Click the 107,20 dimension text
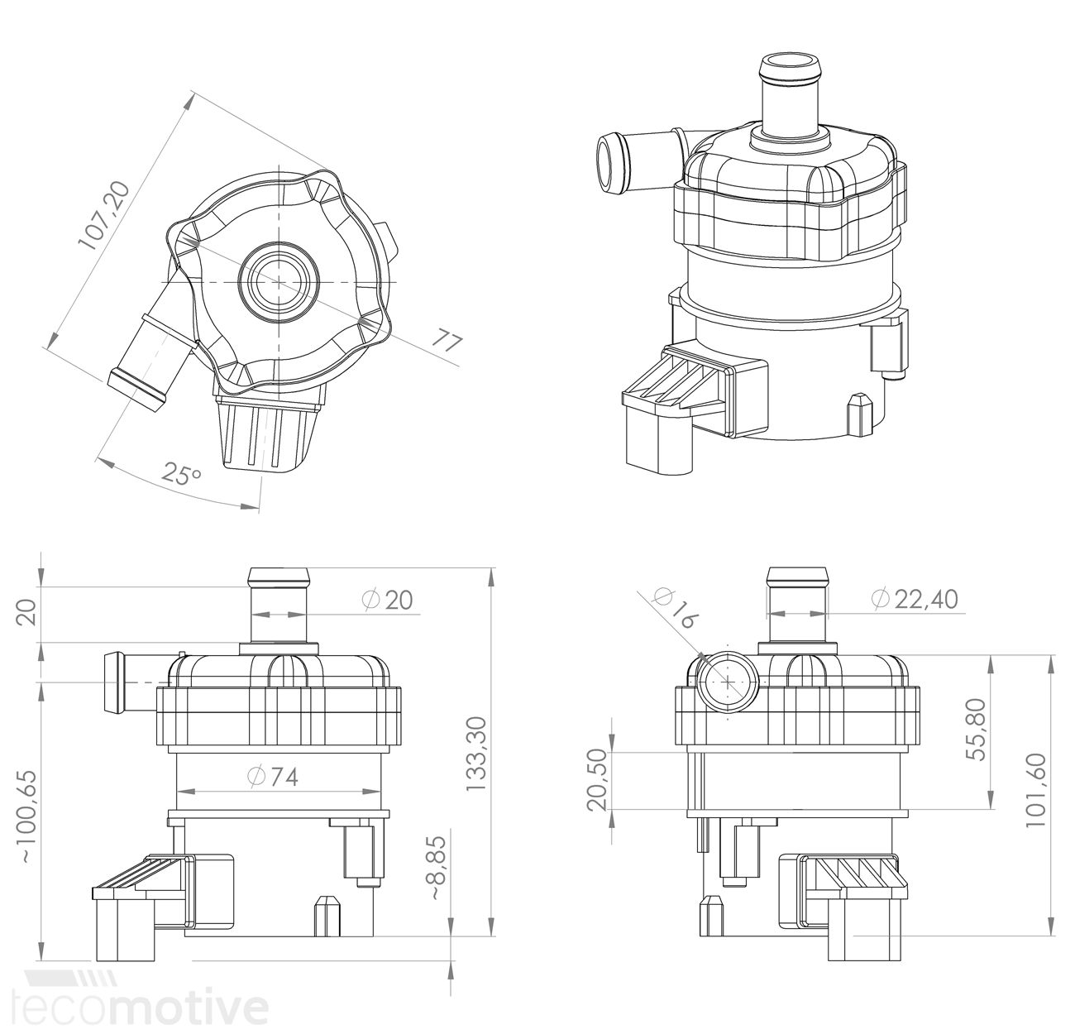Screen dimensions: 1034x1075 pos(104,215)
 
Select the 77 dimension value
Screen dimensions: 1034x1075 pos(447,343)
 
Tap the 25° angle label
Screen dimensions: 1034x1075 pos(181,474)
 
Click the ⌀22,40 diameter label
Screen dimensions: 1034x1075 pos(915,598)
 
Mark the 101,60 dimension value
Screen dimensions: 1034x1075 pos(1035,790)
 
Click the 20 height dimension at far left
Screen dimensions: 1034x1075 pos(28,613)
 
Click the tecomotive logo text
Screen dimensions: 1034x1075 pos(145,1008)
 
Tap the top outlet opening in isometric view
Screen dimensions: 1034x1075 pos(793,66)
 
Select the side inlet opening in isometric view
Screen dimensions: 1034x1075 pos(611,162)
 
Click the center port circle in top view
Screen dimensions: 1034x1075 pos(279,282)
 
